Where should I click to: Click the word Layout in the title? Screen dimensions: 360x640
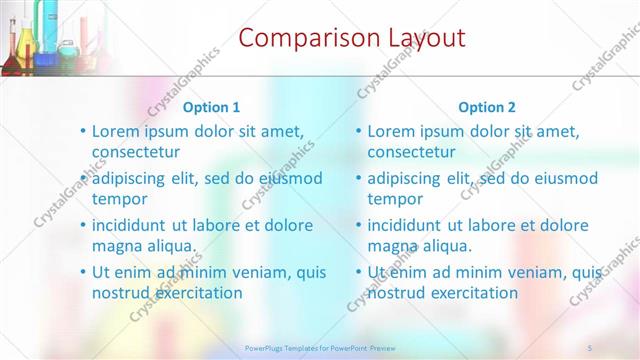[x=426, y=38]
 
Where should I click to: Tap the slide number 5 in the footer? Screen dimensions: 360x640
[x=591, y=347]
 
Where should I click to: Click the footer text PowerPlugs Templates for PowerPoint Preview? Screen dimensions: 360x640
[x=320, y=347]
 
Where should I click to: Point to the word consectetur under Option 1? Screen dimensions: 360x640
[x=136, y=152]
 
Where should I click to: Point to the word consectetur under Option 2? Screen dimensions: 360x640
[x=411, y=152]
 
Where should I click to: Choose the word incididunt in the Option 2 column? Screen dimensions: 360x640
[x=409, y=225]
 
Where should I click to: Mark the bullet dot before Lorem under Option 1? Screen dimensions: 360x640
[x=82, y=131]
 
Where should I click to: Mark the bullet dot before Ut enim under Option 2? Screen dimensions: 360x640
[x=358, y=272]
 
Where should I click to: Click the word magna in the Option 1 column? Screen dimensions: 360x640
[x=116, y=245]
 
